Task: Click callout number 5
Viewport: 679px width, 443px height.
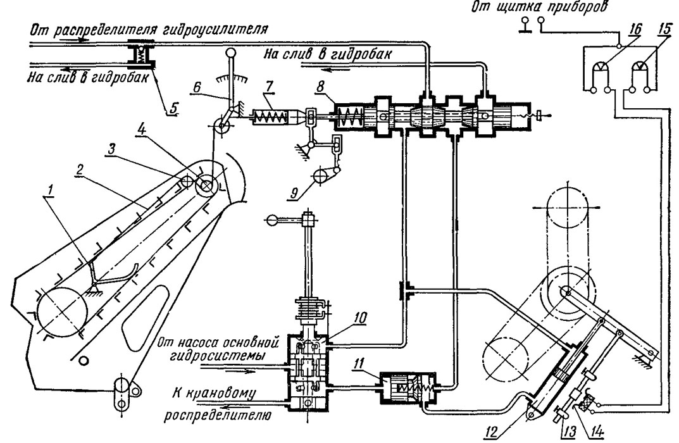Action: click(x=173, y=107)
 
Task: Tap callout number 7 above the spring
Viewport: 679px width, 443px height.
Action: click(x=270, y=86)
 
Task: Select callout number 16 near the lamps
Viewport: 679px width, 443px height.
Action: click(x=635, y=30)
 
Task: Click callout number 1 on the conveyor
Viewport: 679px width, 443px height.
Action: click(x=51, y=189)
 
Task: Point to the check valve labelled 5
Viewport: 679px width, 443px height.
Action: click(x=141, y=54)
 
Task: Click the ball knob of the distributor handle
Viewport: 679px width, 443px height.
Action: click(x=273, y=220)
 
